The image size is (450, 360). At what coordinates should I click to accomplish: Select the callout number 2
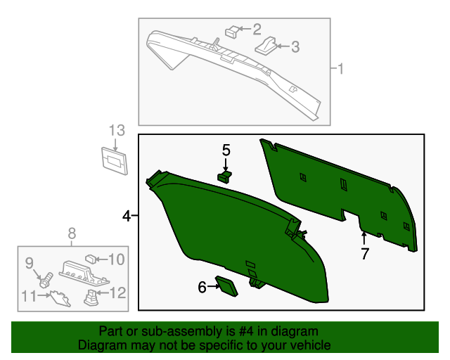[x=257, y=29]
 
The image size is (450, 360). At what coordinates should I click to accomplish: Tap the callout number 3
[x=295, y=47]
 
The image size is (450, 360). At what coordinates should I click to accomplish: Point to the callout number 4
[x=127, y=217]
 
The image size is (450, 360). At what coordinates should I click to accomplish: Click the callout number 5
[x=226, y=150]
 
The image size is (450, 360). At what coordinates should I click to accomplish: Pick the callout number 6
[x=202, y=286]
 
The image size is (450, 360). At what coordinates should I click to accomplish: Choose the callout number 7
[x=364, y=255]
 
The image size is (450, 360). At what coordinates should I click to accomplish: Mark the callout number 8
[x=72, y=233]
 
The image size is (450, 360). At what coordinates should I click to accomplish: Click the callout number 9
[x=30, y=263]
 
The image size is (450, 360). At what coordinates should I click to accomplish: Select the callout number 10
[x=116, y=259]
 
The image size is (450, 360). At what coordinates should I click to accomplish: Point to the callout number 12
[x=117, y=292]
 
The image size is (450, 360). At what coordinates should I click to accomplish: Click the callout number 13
[x=116, y=130]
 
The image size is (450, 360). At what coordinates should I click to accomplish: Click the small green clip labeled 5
[x=224, y=175]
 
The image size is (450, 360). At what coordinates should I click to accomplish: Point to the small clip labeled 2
[x=231, y=30]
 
